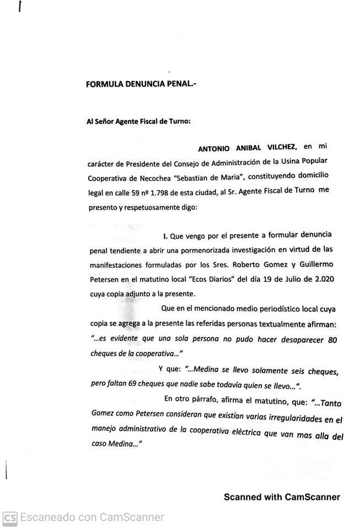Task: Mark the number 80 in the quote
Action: point(332,340)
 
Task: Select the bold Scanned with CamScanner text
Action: point(282,497)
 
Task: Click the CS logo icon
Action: point(10,517)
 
